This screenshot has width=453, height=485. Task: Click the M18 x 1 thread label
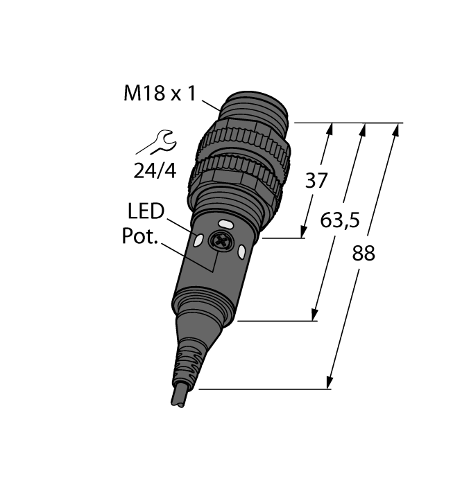click(x=160, y=93)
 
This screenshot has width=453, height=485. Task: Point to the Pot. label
click(x=139, y=236)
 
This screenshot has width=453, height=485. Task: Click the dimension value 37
click(x=316, y=180)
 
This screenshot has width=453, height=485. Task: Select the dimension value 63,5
click(x=340, y=220)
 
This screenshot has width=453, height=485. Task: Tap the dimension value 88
click(x=364, y=253)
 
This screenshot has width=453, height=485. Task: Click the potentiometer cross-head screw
click(x=221, y=240)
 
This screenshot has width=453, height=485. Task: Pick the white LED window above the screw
click(x=225, y=223)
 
